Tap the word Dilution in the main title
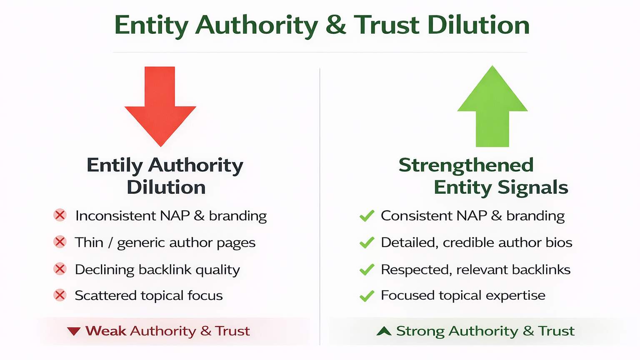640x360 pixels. tap(478, 25)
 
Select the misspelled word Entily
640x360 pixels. tap(115, 165)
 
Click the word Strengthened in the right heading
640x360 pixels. tap(466, 165)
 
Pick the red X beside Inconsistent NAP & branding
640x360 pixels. tap(60, 215)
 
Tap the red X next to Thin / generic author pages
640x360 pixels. tap(60, 242)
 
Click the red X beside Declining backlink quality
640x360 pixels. tap(60, 269)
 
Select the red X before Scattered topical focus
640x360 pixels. tap(60, 295)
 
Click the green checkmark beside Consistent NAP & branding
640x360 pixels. tap(367, 216)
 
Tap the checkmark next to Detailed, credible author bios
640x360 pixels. tap(367, 242)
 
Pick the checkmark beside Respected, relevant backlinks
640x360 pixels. tap(367, 270)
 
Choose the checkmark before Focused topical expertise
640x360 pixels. tap(367, 296)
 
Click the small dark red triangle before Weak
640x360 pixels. tap(74, 331)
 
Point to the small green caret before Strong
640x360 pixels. tap(384, 331)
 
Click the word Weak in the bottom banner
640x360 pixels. tap(106, 331)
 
